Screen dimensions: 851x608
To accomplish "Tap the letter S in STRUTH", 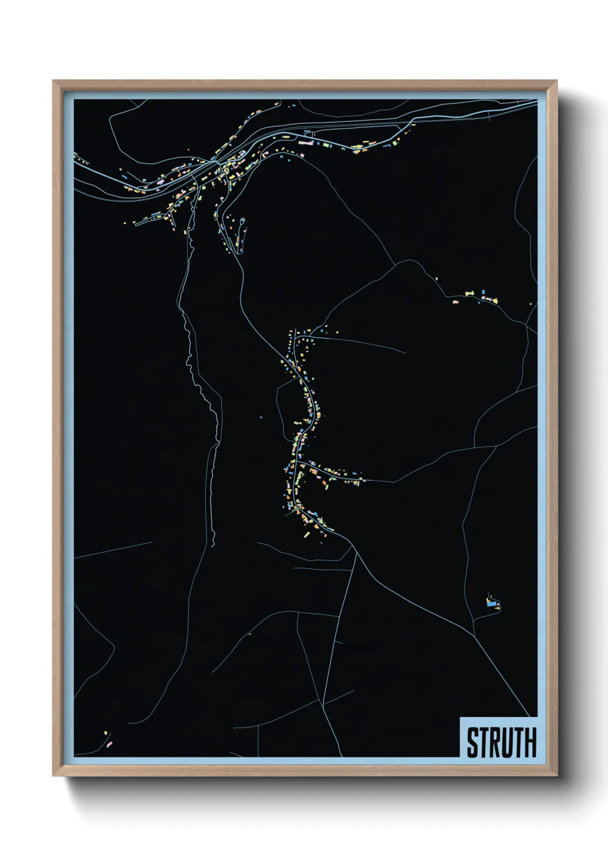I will click(472, 742).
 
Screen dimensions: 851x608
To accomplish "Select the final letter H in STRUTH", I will click(530, 742).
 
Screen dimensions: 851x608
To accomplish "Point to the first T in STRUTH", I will click(483, 742).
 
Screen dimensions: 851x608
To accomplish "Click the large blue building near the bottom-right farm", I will click(490, 603).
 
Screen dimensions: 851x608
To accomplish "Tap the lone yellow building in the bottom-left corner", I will click(105, 733).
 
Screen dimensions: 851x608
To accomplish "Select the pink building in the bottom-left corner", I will click(109, 744).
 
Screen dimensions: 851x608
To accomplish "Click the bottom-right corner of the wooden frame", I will click(556, 775).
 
